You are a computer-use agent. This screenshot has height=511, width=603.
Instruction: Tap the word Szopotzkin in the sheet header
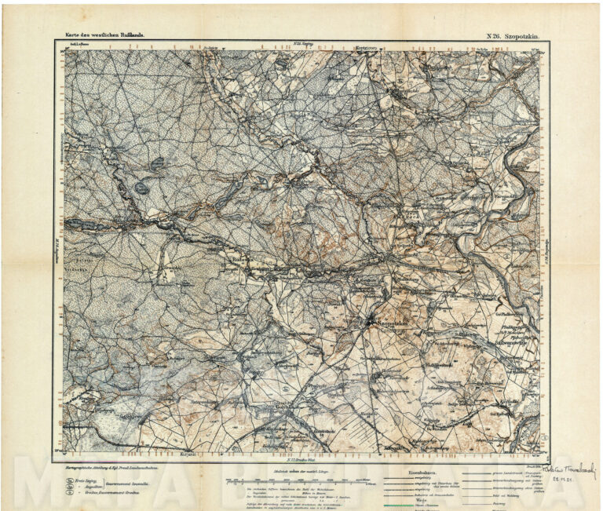click(x=525, y=35)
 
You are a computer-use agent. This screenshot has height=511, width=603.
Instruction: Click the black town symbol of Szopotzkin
click(x=370, y=320)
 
